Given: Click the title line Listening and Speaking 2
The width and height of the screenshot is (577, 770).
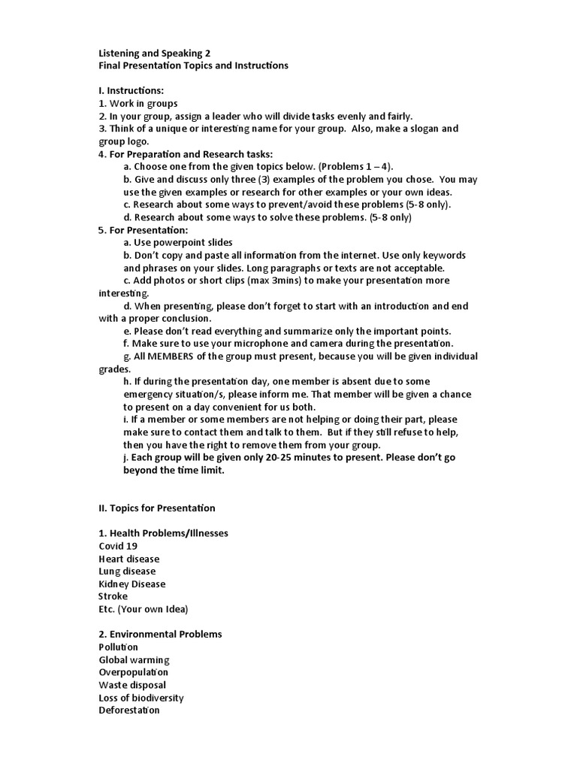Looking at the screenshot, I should tap(155, 53).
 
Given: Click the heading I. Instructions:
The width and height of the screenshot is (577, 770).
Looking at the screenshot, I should tap(131, 91).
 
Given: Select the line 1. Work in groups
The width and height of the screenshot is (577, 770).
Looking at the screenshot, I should tap(138, 104).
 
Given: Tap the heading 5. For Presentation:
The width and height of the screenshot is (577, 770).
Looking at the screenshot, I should tap(143, 230).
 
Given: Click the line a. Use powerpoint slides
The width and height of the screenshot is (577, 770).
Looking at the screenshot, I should tap(178, 243).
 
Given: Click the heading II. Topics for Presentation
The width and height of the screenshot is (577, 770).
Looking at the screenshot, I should tap(157, 508).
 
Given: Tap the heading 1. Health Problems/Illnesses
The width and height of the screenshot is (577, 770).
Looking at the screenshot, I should tap(163, 534).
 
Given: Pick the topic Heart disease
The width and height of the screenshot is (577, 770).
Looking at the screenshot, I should tap(129, 559).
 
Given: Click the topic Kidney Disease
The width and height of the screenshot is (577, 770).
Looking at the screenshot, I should tap(132, 584).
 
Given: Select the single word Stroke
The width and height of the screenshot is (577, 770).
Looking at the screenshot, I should tap(113, 596).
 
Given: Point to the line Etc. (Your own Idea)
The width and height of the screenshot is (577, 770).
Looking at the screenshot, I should tap(143, 609).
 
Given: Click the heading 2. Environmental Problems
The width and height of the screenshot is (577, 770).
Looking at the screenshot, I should tap(160, 635).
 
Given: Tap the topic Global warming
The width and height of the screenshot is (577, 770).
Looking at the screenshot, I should tap(134, 660).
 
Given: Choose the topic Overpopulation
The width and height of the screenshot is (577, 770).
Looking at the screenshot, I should tap(134, 672).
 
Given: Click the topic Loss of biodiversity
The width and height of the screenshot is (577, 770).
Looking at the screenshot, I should tap(141, 698).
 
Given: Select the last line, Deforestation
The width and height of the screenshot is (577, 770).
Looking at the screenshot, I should tap(129, 710).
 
